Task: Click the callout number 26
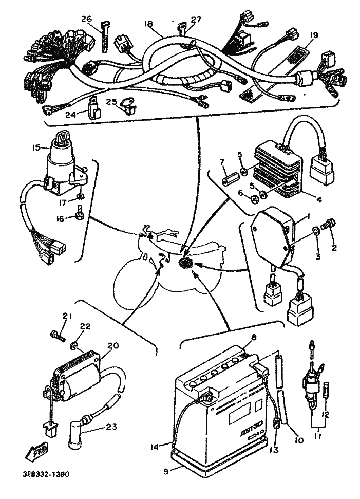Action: (86, 20)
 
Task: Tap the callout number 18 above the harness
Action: (149, 24)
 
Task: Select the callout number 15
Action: (35, 147)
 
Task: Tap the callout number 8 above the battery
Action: (253, 338)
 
